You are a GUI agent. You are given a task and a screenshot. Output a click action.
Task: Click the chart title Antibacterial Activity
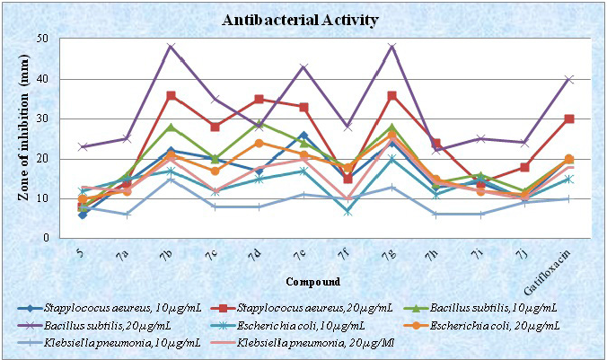coord(303,20)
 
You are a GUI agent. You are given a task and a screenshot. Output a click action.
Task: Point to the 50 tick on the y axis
coord(42,39)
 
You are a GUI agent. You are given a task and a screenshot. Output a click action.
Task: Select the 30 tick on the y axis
coord(42,119)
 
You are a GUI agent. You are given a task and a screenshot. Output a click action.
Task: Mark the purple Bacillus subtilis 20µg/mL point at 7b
coord(171,47)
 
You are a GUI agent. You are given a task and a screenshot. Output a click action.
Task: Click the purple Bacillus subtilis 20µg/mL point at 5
coord(83,146)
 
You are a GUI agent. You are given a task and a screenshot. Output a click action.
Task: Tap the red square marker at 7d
coord(259,99)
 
